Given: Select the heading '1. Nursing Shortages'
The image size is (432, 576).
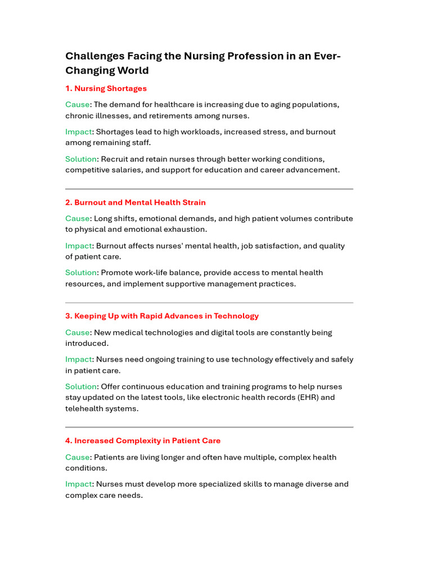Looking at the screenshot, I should [x=106, y=88].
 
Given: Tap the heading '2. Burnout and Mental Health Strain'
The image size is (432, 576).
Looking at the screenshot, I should [x=135, y=202].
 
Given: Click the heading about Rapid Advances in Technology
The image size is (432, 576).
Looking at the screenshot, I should [x=162, y=316].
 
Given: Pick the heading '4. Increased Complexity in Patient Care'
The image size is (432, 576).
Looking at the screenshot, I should [x=143, y=441].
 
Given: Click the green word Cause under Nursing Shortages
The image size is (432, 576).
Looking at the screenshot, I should [x=77, y=105].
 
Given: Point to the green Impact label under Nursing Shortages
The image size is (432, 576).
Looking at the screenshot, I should [x=78, y=132].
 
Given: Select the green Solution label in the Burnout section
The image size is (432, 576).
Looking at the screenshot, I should [x=82, y=273].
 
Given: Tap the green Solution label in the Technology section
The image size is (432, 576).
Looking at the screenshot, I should [x=82, y=387].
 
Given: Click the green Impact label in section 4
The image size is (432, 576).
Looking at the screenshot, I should [x=78, y=484].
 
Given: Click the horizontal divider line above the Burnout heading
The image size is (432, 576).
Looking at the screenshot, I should [x=209, y=189].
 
